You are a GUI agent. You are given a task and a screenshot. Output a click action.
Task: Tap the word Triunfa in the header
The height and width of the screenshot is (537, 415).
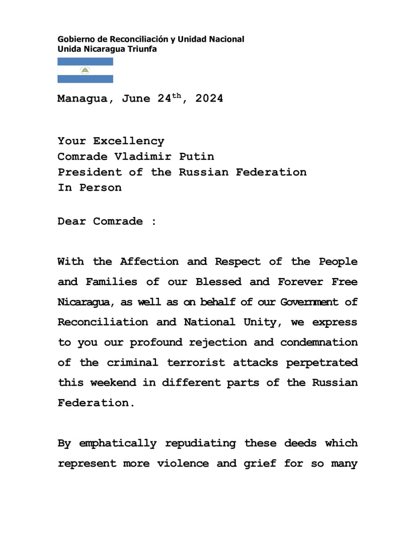click(x=141, y=49)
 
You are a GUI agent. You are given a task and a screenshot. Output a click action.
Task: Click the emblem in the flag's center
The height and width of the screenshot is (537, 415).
click(x=85, y=70)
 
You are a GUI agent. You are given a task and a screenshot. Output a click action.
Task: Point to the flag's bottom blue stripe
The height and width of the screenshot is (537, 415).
click(x=85, y=79)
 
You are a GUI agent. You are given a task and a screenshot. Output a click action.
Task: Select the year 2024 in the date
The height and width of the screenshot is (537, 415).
click(x=209, y=99)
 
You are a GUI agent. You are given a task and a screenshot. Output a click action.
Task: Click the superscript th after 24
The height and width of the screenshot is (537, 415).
click(x=176, y=95)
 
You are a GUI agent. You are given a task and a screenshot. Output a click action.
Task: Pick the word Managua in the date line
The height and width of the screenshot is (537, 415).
click(x=82, y=99)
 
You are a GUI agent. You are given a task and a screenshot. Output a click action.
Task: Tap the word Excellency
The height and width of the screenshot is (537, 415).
click(x=128, y=141)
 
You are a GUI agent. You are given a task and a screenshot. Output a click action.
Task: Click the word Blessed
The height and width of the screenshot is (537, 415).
click(x=218, y=282)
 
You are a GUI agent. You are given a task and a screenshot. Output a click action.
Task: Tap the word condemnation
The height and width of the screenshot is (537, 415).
click(x=319, y=342)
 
